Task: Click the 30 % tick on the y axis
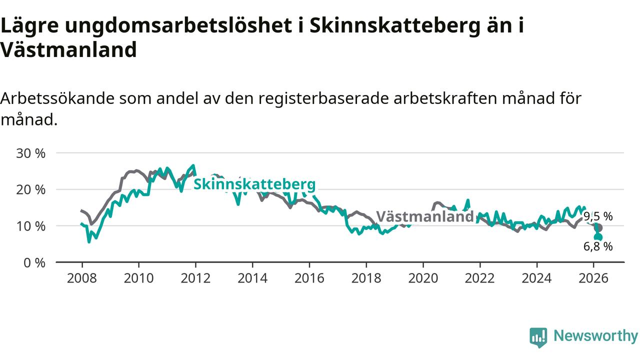click(x=31, y=153)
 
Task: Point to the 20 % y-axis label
click(x=31, y=189)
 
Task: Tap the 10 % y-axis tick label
click(x=31, y=226)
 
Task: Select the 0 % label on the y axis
click(x=34, y=262)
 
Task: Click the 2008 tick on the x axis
click(x=81, y=278)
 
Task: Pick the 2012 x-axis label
click(x=195, y=278)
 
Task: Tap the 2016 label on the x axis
click(x=309, y=278)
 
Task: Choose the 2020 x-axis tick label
click(x=423, y=278)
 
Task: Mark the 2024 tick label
click(x=536, y=278)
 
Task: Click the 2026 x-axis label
click(x=593, y=278)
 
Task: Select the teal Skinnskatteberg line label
click(x=254, y=184)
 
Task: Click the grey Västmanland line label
click(x=424, y=216)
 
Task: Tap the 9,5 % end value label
click(x=598, y=216)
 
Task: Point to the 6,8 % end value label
click(x=598, y=246)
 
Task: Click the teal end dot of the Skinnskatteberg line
click(x=598, y=237)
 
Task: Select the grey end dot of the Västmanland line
click(x=598, y=227)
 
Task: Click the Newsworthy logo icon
click(x=538, y=337)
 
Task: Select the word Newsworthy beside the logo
click(x=595, y=336)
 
